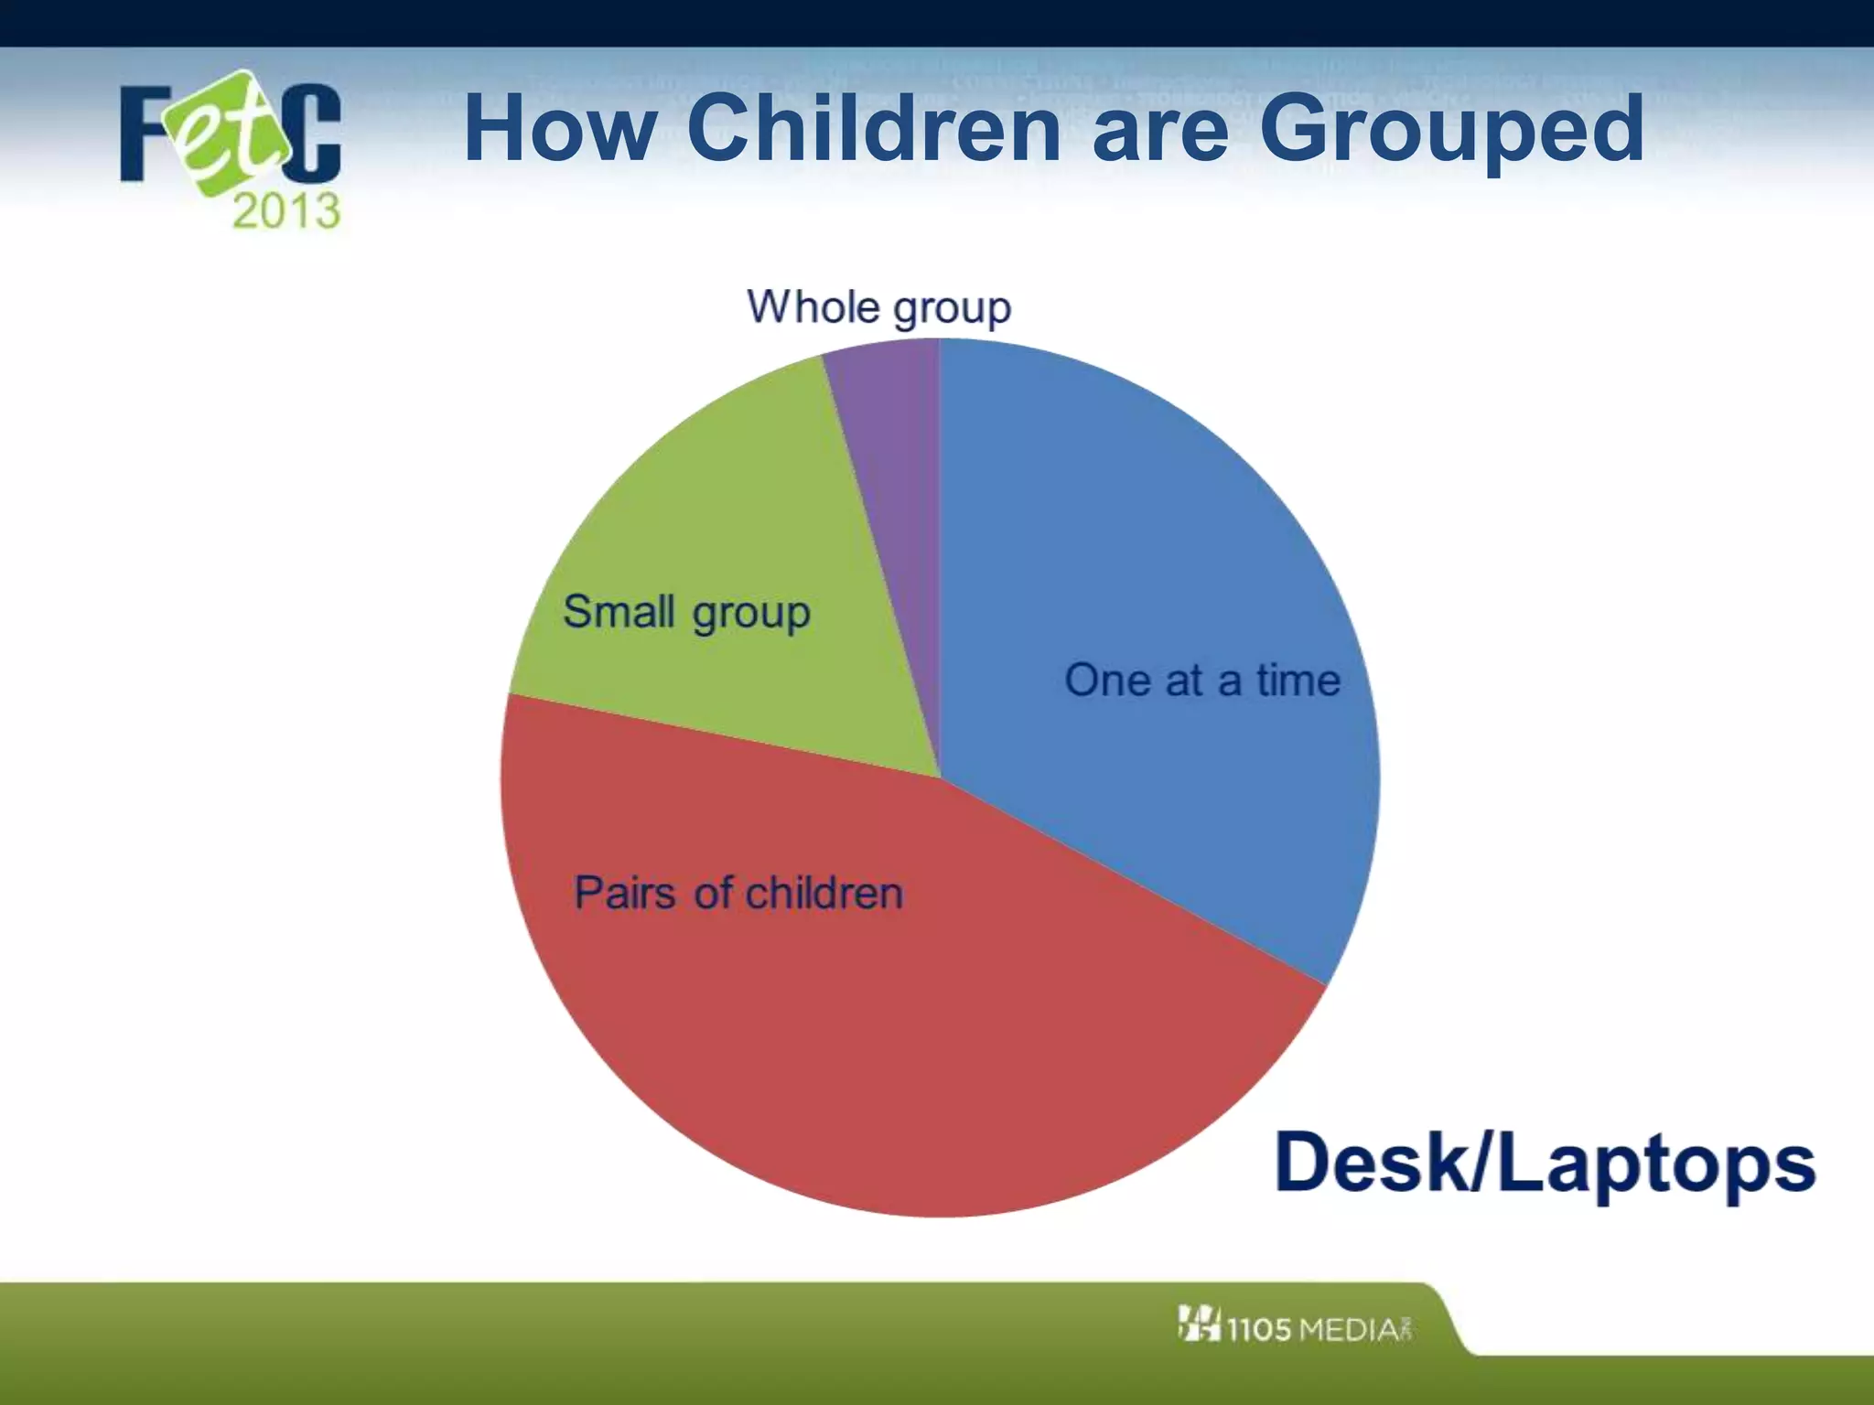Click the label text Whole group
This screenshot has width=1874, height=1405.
coord(878,307)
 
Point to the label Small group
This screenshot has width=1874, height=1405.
coord(686,612)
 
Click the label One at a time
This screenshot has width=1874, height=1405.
coord(1202,681)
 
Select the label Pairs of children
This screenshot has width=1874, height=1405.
coord(738,893)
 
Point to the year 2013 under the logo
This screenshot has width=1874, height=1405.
coord(286,211)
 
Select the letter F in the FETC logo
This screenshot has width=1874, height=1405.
coord(146,133)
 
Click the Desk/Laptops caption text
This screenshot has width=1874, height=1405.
coord(1545,1164)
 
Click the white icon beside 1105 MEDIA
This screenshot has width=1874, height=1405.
coord(1199,1324)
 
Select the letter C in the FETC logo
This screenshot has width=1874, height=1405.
coord(311,133)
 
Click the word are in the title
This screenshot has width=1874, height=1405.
coord(1159,130)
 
